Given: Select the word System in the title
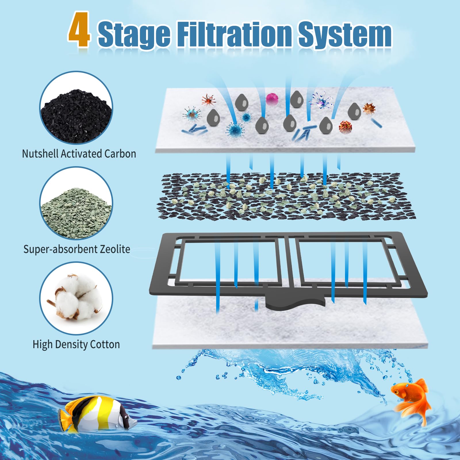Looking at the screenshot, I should coord(345,34).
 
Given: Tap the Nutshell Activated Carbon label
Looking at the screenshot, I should coord(79,154).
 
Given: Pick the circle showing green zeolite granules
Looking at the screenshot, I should coord(76,204).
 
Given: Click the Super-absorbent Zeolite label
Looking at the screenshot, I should coord(77,249).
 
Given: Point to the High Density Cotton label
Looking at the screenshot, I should coord(76,344).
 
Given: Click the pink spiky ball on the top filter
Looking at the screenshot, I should coord(272,99).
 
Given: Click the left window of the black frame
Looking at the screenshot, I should coord(229,262).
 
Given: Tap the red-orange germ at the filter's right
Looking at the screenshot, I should coord(345,126).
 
